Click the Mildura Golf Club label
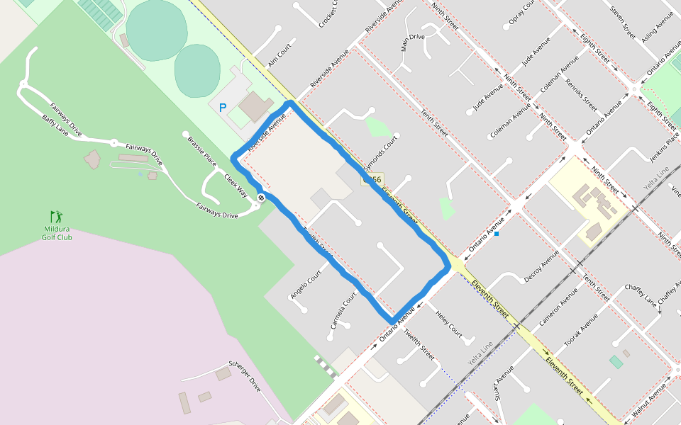(x=57, y=233)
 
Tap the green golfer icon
(x=56, y=216)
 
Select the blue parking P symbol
(x=222, y=108)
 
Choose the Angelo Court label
(x=306, y=283)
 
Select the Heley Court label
(x=449, y=324)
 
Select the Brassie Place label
(x=202, y=151)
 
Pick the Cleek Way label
(x=237, y=185)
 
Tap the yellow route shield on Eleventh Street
(x=372, y=180)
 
